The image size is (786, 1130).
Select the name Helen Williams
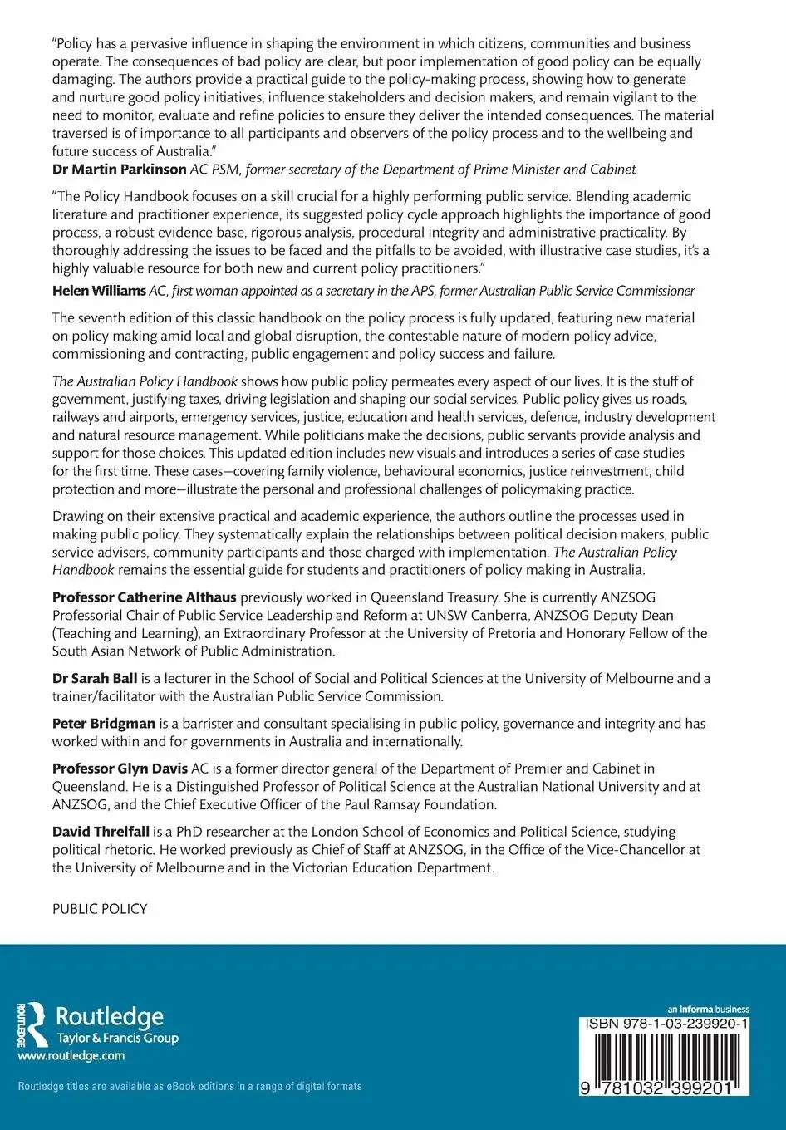98,291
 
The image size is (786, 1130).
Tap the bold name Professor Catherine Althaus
145,597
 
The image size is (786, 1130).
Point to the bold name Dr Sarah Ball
91,678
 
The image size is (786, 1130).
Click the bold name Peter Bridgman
104,724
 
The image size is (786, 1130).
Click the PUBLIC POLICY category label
100,909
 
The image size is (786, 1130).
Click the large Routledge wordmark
109,1017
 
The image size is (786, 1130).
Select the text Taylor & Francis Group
116,1038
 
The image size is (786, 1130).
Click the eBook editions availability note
189,1086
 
